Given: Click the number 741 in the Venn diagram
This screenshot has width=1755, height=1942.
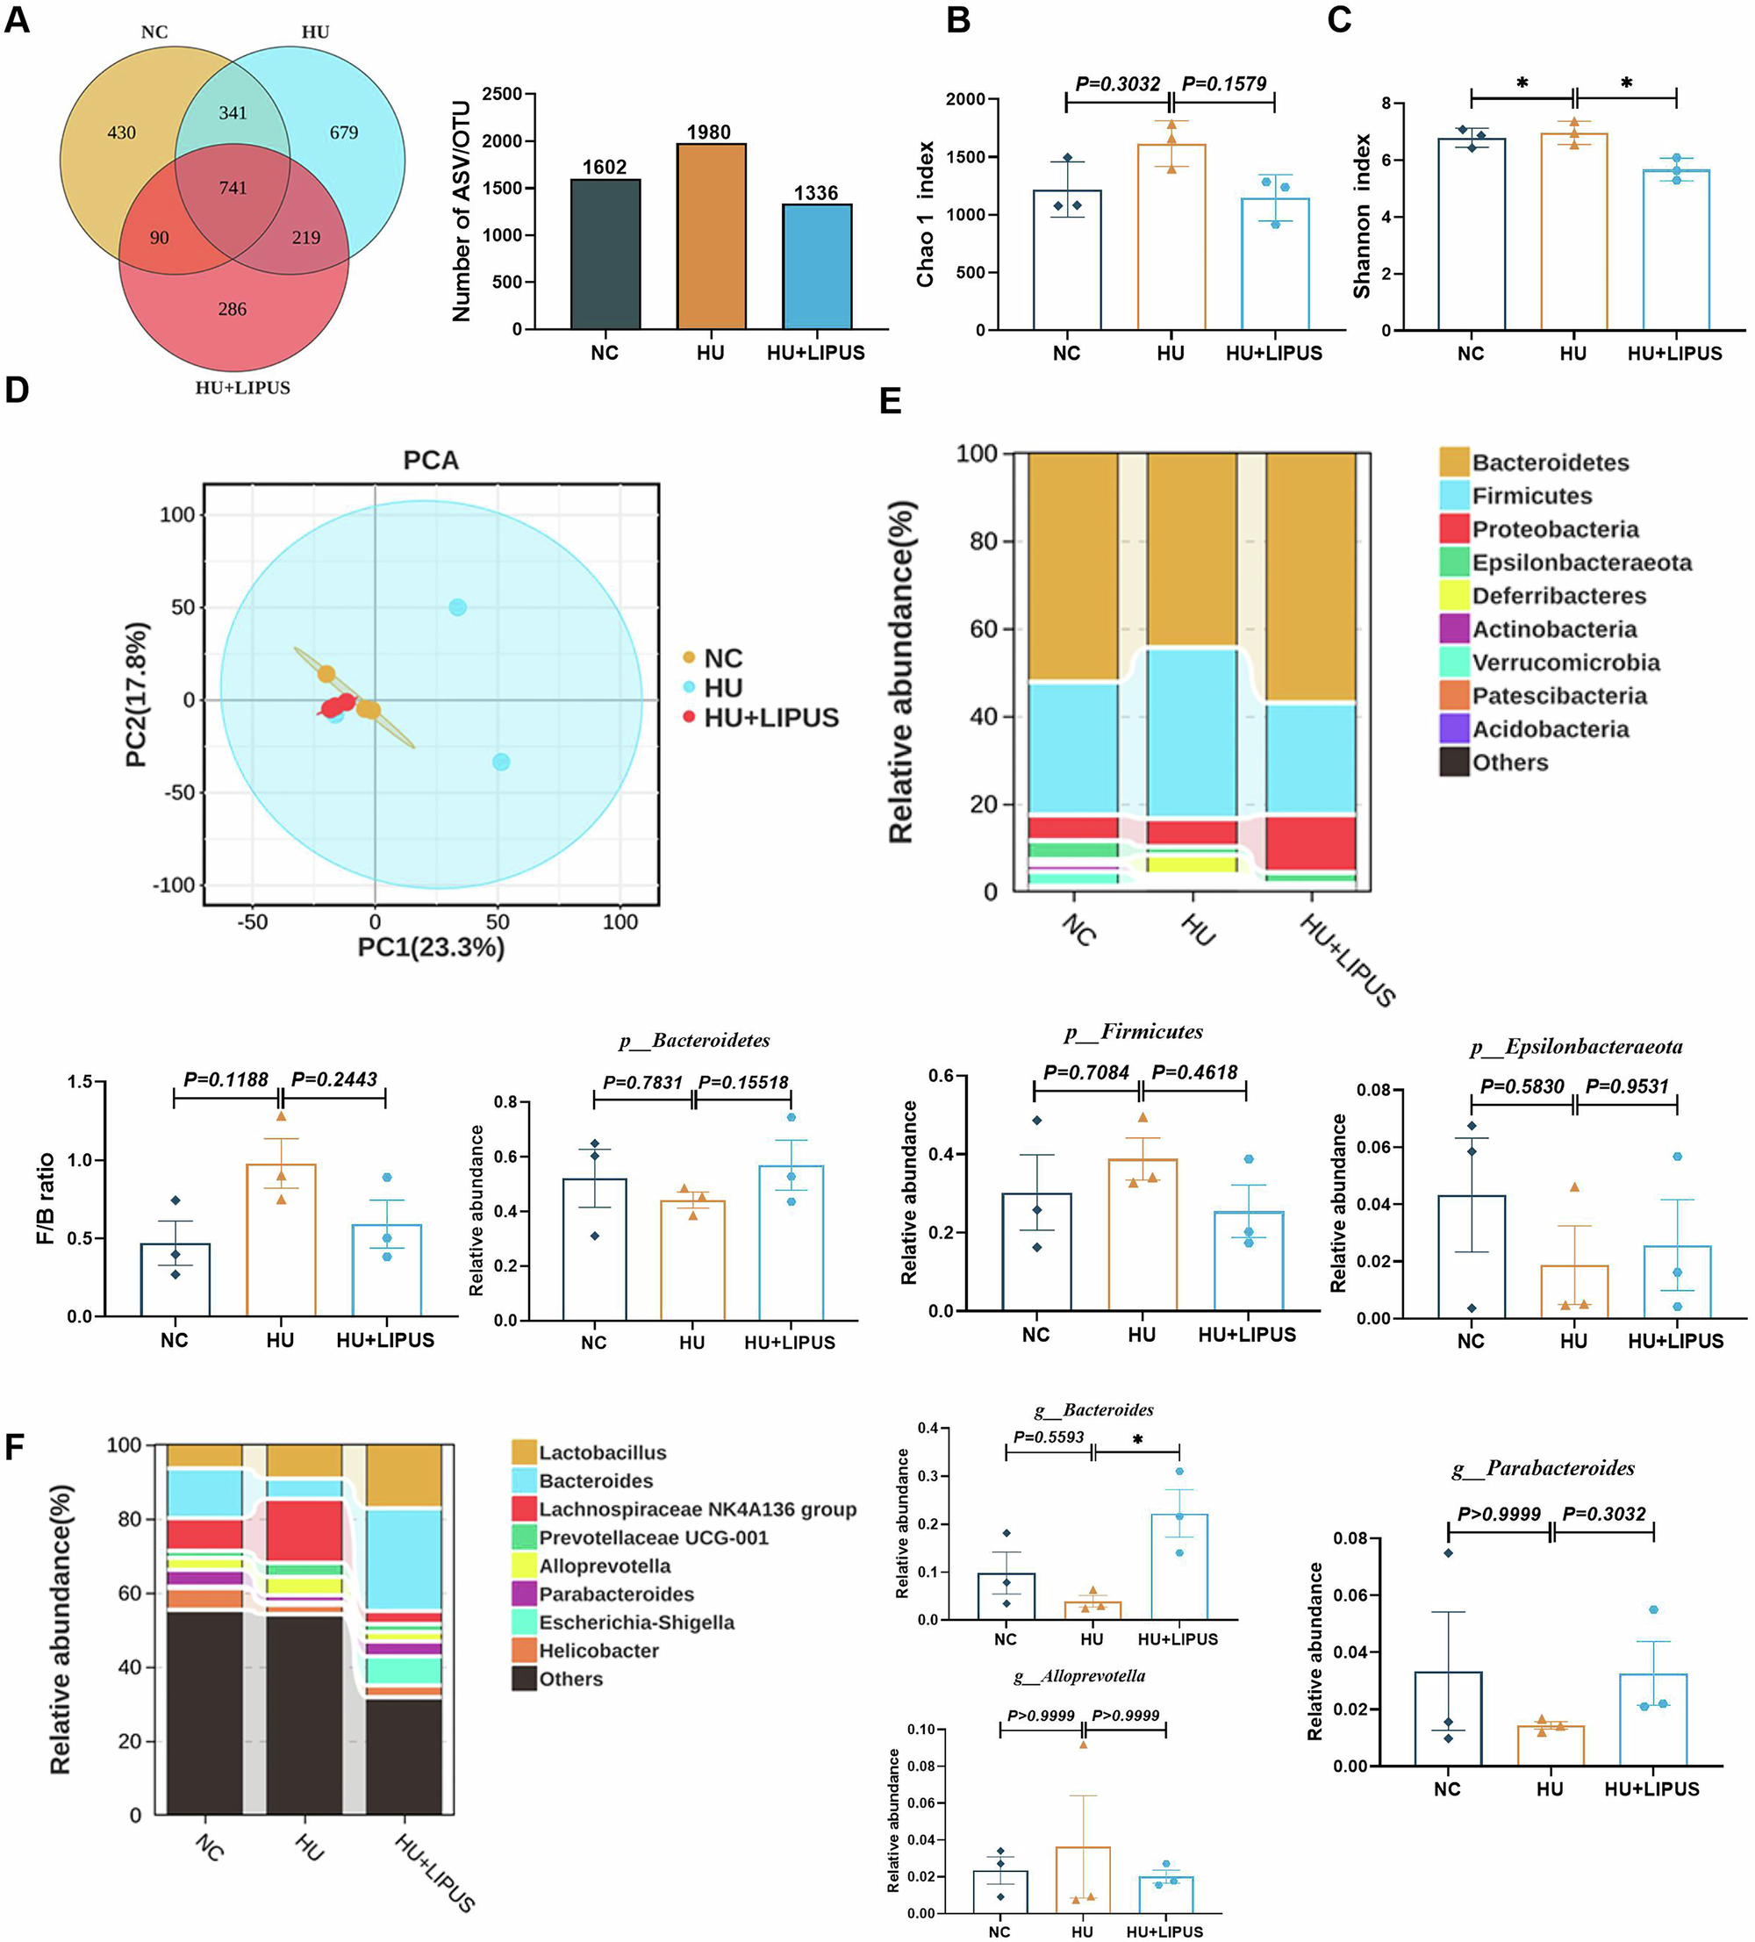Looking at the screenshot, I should pos(233,188).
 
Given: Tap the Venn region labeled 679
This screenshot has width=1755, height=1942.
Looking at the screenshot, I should pos(343,132).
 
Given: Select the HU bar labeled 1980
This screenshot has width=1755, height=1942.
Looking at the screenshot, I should pos(710,236).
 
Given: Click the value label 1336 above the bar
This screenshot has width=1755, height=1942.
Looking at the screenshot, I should pos(815,193).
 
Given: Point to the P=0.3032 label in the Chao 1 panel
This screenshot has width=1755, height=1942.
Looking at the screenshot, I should pos(1117,84).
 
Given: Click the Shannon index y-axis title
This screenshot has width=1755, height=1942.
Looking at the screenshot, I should pos(1361,216).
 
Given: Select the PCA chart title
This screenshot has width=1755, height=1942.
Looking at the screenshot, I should pos(431,461).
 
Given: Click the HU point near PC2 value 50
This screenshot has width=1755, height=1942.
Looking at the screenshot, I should pos(457,607).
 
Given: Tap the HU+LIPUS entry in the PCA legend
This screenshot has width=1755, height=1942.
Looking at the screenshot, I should pos(770,718).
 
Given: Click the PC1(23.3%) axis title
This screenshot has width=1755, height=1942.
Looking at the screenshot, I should pos(431,947).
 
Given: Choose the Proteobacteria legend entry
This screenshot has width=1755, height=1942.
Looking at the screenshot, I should pos(1555,529).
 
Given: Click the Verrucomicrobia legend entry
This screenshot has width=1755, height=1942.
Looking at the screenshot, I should pos(1565,663).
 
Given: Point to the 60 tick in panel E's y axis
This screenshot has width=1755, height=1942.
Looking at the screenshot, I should pos(984,629).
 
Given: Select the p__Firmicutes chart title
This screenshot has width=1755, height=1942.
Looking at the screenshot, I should pos(1133,1032).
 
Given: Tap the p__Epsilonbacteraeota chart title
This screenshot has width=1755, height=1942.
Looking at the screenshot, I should pos(1576,1046).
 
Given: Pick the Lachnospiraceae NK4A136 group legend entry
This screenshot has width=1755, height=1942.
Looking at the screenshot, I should pos(697,1509).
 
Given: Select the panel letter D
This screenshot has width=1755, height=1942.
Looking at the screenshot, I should pos(17,391).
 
